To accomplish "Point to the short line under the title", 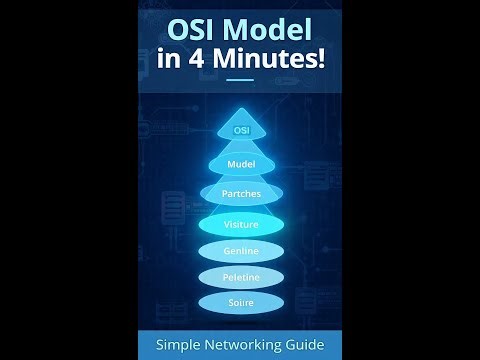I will (x=240, y=81).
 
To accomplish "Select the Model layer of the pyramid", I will (x=240, y=163).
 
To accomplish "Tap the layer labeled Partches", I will (x=240, y=194).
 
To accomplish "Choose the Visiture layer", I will (x=240, y=224).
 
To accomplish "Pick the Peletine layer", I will (x=240, y=276).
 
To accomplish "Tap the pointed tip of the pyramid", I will (x=240, y=109).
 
